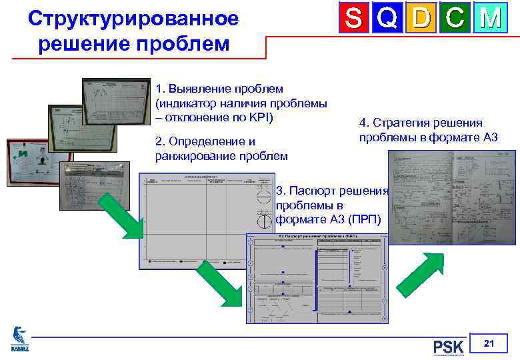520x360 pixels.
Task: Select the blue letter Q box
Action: [x=388, y=19]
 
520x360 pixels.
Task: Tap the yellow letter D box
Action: [x=421, y=19]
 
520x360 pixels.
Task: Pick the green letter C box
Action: [x=455, y=19]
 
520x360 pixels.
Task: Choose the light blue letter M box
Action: [x=490, y=19]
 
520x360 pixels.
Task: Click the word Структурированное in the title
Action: [x=133, y=19]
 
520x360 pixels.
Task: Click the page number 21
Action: [x=489, y=344]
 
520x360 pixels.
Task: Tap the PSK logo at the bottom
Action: [x=449, y=347]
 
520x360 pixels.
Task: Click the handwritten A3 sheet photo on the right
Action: [x=453, y=197]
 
